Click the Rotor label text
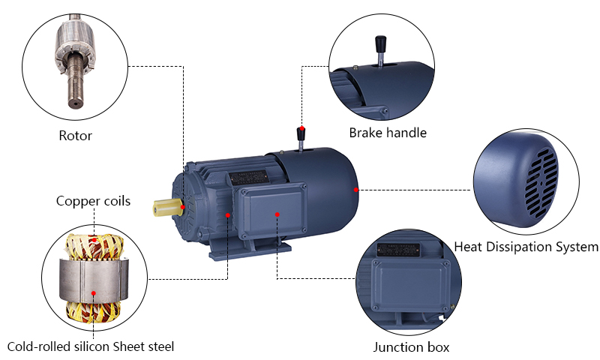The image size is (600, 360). (x=75, y=136)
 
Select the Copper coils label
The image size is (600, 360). (x=93, y=201)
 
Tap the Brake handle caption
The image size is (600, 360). (x=388, y=133)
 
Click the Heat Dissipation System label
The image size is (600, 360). (x=526, y=246)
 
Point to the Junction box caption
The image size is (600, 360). (x=411, y=347)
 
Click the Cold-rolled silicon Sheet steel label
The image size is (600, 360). (x=91, y=346)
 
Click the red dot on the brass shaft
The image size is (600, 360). (x=183, y=206)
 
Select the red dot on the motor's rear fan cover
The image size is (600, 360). (x=356, y=190)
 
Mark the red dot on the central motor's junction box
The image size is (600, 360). (x=277, y=214)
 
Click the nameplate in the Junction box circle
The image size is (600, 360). (x=397, y=250)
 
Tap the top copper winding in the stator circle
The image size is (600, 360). (x=93, y=244)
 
